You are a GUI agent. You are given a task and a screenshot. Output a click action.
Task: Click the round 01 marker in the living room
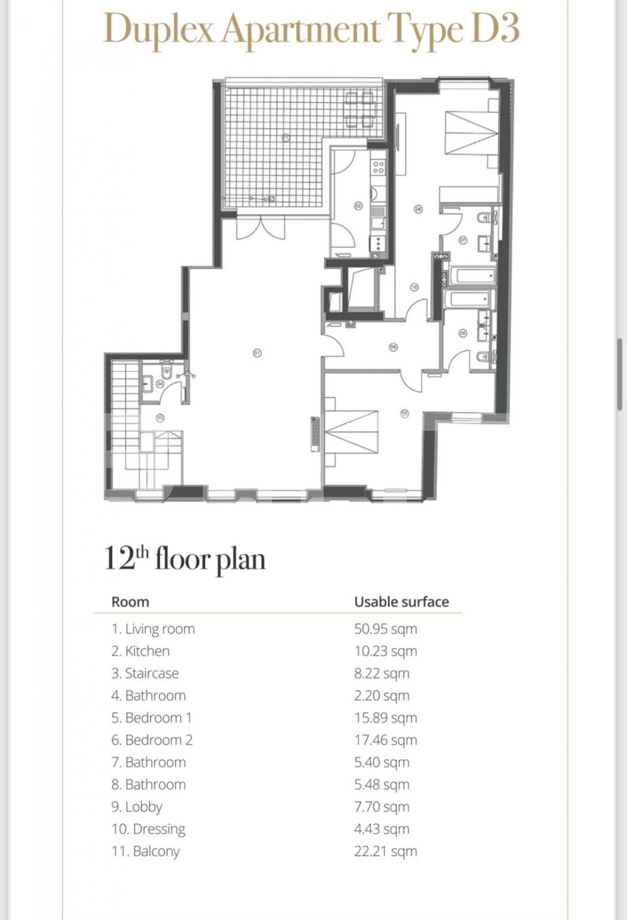pyautogui.click(x=257, y=352)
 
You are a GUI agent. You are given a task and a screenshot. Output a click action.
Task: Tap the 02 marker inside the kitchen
pyautogui.click(x=358, y=205)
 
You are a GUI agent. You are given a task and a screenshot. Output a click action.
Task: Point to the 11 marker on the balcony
pyautogui.click(x=285, y=137)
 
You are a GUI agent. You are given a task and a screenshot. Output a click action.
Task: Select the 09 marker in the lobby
pyautogui.click(x=393, y=347)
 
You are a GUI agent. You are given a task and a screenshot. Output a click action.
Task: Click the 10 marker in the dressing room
pyautogui.click(x=414, y=287)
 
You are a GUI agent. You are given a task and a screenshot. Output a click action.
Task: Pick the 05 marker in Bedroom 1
pyautogui.click(x=405, y=413)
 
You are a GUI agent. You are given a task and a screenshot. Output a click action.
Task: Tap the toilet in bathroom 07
pyautogui.click(x=484, y=217)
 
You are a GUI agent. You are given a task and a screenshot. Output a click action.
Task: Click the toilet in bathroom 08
pyautogui.click(x=483, y=357)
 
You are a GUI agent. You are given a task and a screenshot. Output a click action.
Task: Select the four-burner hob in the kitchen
pyautogui.click(x=378, y=167)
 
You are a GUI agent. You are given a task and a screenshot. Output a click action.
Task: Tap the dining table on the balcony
pyautogui.click(x=360, y=109)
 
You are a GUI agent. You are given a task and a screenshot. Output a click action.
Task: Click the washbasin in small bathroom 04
pyautogui.click(x=148, y=383)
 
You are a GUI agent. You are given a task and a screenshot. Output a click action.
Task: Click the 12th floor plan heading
pyautogui.click(x=185, y=558)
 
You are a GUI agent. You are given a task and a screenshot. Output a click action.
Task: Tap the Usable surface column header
pyautogui.click(x=401, y=602)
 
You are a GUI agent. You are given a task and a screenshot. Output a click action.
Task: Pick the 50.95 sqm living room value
pyautogui.click(x=385, y=628)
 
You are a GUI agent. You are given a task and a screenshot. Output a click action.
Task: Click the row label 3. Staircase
pyautogui.click(x=145, y=673)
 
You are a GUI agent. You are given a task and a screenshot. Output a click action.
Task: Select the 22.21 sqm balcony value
pyautogui.click(x=385, y=851)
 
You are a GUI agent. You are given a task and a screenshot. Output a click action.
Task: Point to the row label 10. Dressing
pyautogui.click(x=148, y=829)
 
